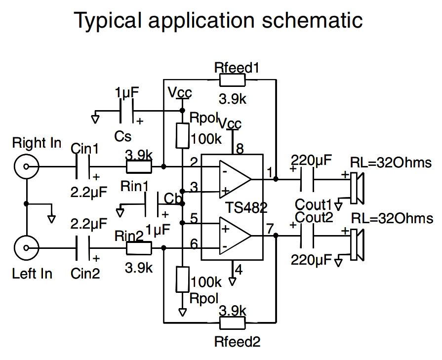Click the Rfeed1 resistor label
237,68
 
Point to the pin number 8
240,148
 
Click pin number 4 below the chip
239,270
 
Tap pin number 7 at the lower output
270,229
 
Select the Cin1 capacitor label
85,148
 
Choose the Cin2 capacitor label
85,273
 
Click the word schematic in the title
310,20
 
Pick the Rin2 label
128,236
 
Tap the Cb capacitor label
172,199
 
